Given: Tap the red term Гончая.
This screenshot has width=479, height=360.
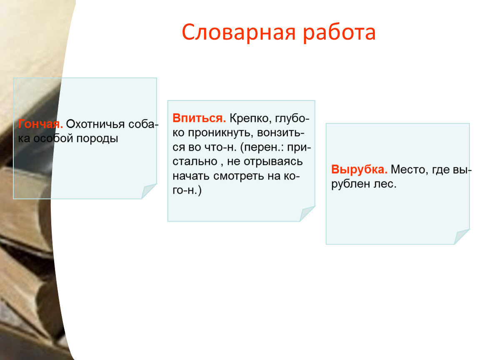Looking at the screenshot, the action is (x=40, y=124).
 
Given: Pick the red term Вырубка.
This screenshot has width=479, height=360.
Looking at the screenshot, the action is (x=359, y=169).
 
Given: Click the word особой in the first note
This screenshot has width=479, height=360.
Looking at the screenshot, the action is (x=53, y=138).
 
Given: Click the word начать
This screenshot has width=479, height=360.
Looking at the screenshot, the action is (x=191, y=176).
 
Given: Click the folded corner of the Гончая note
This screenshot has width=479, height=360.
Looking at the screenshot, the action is (x=148, y=191).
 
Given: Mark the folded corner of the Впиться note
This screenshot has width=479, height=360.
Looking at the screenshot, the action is (x=307, y=214).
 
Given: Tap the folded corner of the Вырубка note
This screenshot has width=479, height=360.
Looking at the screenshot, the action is (x=462, y=237).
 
